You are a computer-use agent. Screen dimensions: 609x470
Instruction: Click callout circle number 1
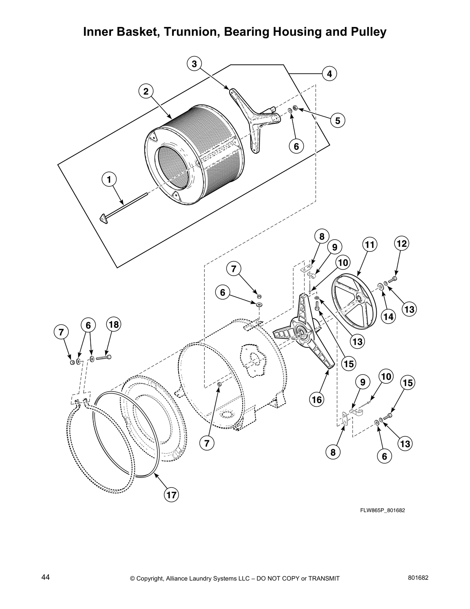(109, 180)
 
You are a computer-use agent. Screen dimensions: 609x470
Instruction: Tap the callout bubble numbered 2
(146, 92)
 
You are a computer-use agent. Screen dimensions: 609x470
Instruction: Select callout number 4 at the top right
(329, 73)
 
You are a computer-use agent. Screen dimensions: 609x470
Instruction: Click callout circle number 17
(171, 495)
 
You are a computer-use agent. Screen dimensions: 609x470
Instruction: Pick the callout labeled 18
(114, 325)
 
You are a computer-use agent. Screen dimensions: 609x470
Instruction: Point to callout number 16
(317, 400)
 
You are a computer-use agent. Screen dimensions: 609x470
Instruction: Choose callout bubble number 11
(369, 245)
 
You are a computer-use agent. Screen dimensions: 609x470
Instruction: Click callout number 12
(401, 243)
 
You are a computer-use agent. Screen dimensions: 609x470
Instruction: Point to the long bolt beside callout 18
(103, 358)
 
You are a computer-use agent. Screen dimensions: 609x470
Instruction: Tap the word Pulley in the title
(367, 32)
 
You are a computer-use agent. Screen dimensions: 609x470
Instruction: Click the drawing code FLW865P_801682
(382, 511)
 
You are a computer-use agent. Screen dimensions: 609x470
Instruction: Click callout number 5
(338, 121)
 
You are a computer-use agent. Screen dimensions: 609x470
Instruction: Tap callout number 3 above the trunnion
(194, 64)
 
